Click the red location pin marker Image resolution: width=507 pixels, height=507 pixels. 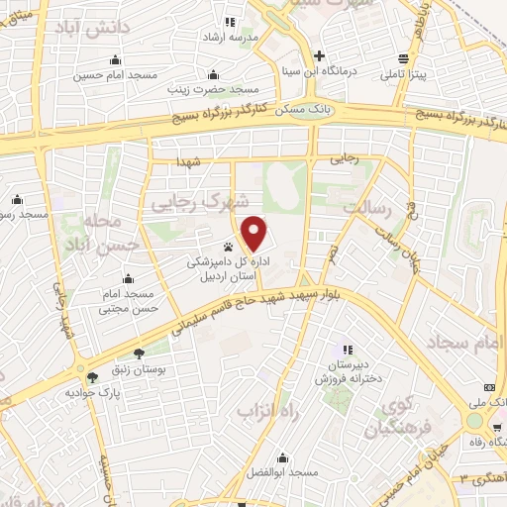tap(255, 233)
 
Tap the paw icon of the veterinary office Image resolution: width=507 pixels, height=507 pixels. tap(229, 247)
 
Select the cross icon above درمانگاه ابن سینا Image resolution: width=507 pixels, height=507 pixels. tap(319, 55)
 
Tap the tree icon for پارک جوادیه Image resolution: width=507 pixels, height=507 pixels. tap(93, 377)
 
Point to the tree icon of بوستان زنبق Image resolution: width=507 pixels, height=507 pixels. tap(137, 353)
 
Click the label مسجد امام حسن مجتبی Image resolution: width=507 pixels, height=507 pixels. tap(127, 302)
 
